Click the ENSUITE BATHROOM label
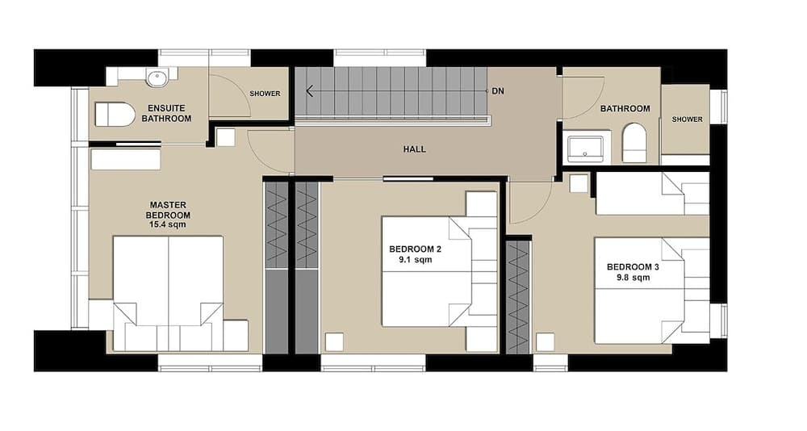(166, 113)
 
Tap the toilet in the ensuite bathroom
(115, 115)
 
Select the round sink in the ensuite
(157, 77)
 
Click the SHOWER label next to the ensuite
(265, 94)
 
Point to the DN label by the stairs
(498, 91)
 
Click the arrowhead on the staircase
(310, 91)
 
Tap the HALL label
(414, 149)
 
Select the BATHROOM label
(625, 109)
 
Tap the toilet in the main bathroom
(635, 142)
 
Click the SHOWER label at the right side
(687, 119)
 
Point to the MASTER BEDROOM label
(168, 210)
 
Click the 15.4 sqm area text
(168, 225)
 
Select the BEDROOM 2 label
(415, 249)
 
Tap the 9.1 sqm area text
(413, 262)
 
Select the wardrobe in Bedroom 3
(517, 297)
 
